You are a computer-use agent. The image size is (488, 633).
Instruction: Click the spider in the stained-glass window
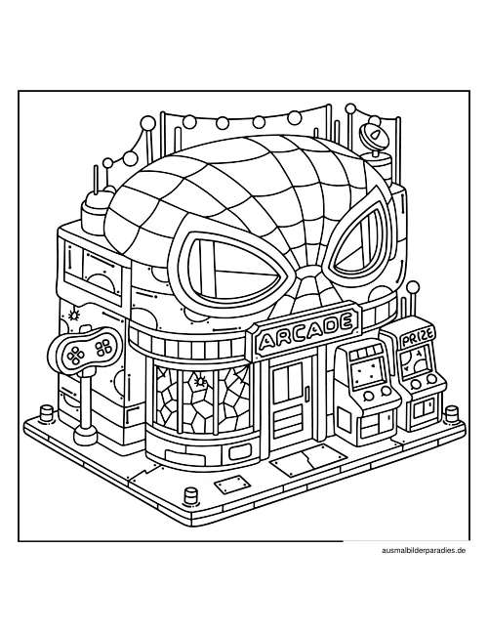[200, 380]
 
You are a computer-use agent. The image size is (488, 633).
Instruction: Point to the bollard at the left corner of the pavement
[45, 412]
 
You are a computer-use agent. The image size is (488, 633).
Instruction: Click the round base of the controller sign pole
[86, 433]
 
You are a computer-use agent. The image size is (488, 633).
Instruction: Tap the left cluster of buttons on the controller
[75, 355]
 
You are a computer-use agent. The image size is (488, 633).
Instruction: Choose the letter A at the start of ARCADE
[266, 341]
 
